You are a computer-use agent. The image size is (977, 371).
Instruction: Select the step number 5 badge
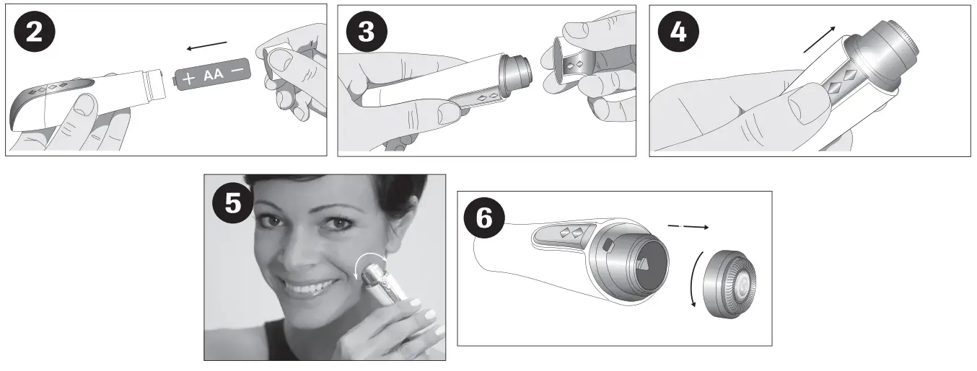coord(233,203)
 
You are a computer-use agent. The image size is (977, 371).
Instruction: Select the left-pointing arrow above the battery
coord(207,47)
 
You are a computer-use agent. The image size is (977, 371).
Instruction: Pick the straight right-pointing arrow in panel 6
coord(687,226)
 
